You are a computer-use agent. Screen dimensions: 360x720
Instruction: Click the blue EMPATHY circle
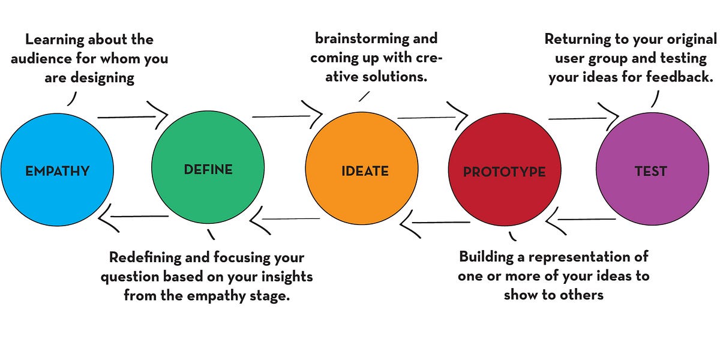57,171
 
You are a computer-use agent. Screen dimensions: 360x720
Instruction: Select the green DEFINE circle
208,170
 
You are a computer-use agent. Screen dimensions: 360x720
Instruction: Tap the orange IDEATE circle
362,171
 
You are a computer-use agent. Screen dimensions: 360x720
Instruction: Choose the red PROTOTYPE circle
505,172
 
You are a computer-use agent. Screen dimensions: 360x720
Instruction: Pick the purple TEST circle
651,171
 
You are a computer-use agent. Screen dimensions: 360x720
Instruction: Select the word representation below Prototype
575,257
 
